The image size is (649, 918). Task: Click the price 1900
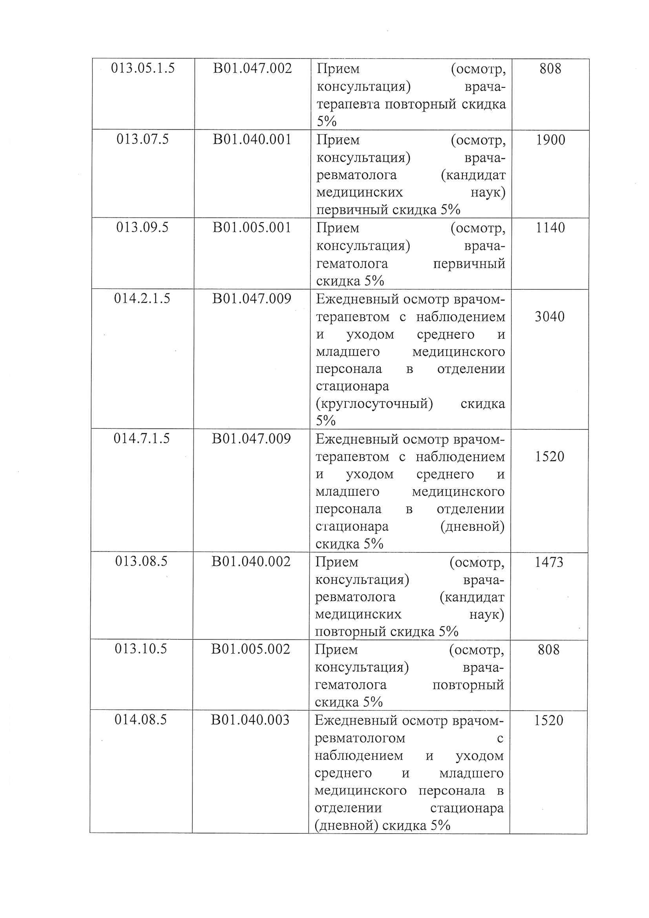551,140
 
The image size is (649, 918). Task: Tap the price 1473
549,562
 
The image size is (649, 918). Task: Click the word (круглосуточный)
374,404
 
